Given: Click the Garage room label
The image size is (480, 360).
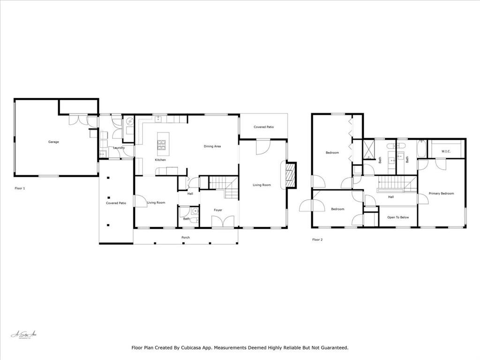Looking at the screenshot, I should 53,142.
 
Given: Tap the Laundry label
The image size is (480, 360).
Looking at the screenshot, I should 119,148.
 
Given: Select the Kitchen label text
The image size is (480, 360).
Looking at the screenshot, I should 160,160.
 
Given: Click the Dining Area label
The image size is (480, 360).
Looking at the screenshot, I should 212,146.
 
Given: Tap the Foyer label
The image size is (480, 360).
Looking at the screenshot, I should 218,210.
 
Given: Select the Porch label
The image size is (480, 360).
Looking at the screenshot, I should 186,238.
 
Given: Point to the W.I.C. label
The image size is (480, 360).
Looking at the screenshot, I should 446,151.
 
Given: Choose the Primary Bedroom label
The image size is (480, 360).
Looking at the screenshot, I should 441,193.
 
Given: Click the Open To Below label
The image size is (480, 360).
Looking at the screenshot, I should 398,217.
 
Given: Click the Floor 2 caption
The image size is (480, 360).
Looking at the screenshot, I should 317,240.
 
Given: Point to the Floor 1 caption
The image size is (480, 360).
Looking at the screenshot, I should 20,188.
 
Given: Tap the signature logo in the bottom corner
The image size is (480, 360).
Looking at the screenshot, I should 23,335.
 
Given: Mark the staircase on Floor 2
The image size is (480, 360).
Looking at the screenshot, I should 397,183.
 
